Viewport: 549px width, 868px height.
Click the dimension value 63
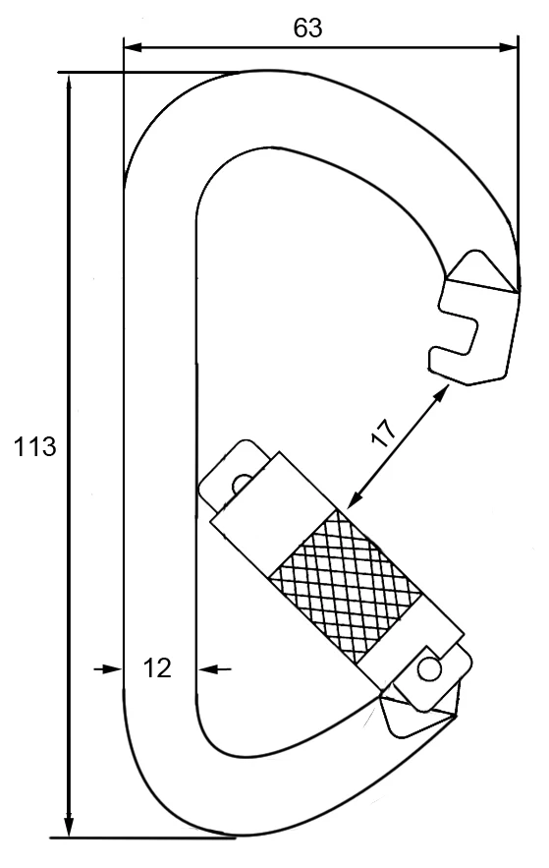point(308,28)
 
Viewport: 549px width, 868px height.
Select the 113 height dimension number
point(35,448)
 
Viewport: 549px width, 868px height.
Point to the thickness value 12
point(157,668)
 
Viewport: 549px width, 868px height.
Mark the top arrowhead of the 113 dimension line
point(69,83)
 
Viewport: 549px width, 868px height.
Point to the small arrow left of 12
point(110,668)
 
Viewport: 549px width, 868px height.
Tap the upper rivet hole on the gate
point(239,483)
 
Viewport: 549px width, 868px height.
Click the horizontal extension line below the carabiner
point(147,839)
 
